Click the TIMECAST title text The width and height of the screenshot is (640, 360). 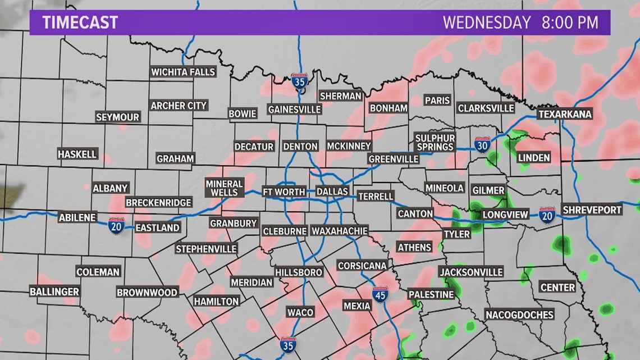pos(80,22)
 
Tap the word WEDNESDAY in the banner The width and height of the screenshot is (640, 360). pos(487,22)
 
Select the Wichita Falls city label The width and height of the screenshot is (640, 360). pos(183,72)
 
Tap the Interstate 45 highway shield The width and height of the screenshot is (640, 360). pos(380,294)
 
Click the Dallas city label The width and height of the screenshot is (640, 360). pos(332,192)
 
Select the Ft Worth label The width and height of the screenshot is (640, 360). pos(284,192)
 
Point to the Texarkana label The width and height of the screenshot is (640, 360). pos(565,114)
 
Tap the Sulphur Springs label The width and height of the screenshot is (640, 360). pos(435,142)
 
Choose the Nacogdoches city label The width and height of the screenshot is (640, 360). pos(519,315)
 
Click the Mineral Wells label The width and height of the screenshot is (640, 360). pos(224,188)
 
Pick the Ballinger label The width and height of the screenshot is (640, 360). pos(54,291)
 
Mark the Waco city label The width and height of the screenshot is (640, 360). pos(300,312)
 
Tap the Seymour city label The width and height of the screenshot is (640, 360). pos(117,117)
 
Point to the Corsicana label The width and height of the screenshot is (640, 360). pos(362,265)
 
